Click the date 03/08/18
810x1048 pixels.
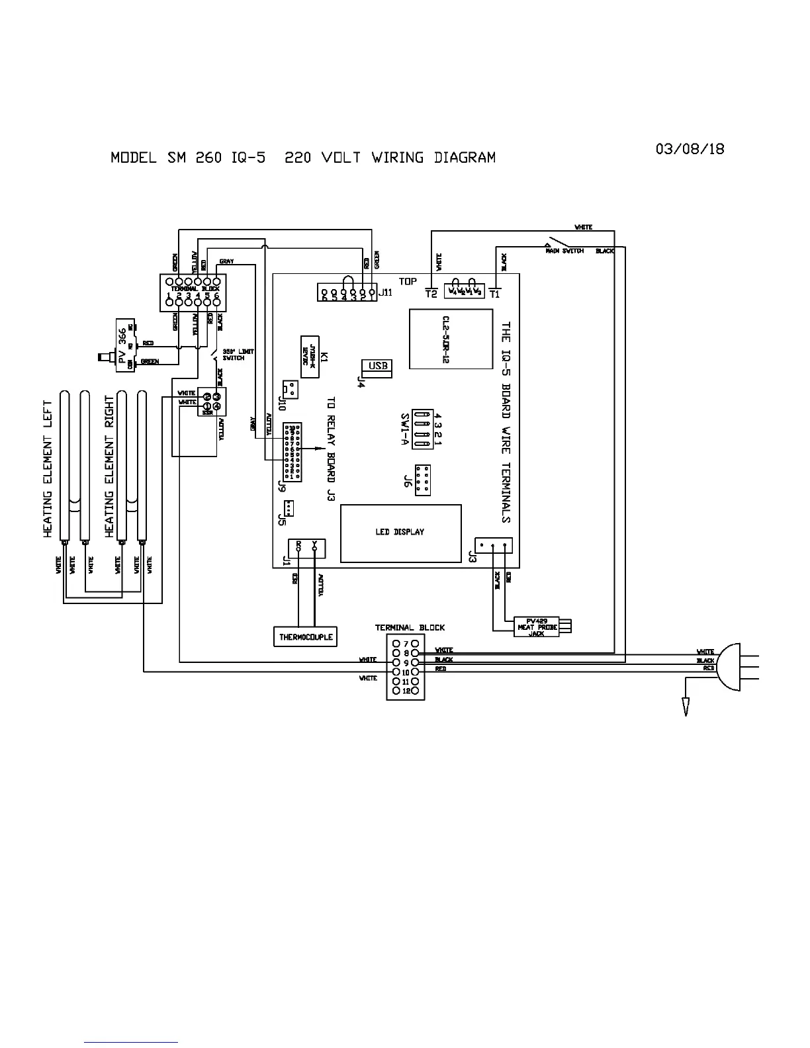click(x=690, y=149)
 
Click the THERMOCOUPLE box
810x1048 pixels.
click(x=306, y=637)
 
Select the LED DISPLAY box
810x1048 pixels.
click(x=400, y=533)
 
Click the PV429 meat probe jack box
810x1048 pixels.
click(x=536, y=627)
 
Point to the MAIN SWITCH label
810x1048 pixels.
click(x=564, y=251)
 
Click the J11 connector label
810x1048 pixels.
click(x=386, y=292)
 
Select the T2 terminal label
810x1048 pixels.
click(x=431, y=294)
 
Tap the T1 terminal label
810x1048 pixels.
click(x=494, y=294)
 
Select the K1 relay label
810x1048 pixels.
click(x=324, y=358)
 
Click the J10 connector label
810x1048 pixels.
click(x=283, y=403)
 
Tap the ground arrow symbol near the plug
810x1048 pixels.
click(x=686, y=707)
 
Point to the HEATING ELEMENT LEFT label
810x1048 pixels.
click(x=48, y=468)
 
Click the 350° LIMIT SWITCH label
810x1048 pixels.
click(x=238, y=355)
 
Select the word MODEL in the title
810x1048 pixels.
click(x=134, y=158)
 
